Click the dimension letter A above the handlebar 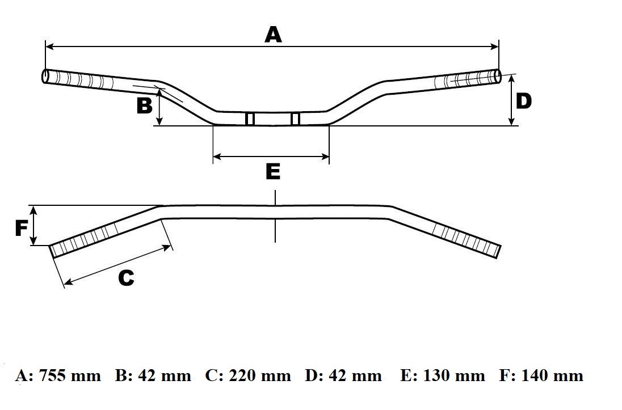[x=273, y=35]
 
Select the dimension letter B [x=145, y=105]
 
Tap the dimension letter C [x=125, y=278]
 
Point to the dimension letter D [x=523, y=101]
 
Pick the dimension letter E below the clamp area [x=273, y=171]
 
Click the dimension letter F [x=21, y=228]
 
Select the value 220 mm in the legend [x=260, y=375]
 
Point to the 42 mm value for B [x=161, y=375]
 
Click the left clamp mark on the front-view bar [x=250, y=119]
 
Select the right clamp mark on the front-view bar [x=295, y=119]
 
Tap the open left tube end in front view [x=45, y=76]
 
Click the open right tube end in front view [x=498, y=77]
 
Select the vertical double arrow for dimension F [x=35, y=225]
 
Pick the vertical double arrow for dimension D [x=511, y=100]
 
